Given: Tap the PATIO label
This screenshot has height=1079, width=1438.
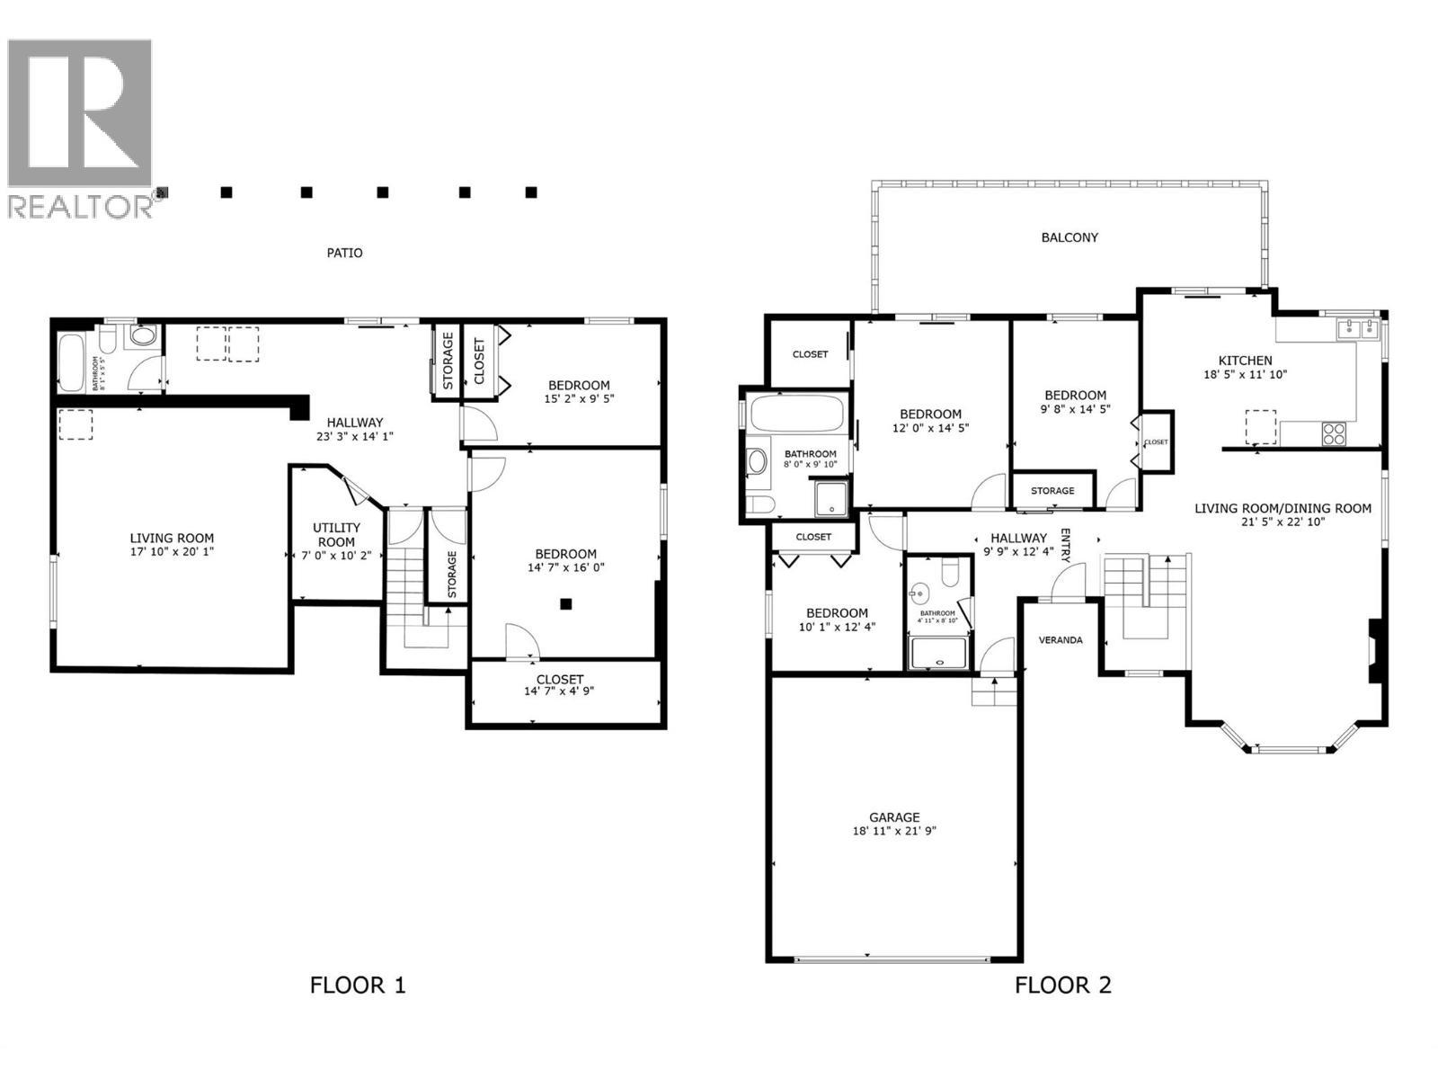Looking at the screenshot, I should [344, 254].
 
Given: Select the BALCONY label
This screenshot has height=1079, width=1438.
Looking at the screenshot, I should [1070, 238].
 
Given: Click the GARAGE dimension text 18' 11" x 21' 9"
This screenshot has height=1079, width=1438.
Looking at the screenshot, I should [894, 832].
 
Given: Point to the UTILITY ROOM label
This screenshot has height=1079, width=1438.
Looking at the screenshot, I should [336, 535].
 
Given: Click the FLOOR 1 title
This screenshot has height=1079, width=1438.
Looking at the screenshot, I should [358, 985].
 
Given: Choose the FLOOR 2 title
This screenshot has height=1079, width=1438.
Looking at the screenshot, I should [1063, 985].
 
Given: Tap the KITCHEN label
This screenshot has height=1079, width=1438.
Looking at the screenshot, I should [1245, 360].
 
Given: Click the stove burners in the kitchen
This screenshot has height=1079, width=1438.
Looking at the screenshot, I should [1334, 434].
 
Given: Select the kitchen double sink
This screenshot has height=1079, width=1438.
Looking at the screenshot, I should [1358, 328].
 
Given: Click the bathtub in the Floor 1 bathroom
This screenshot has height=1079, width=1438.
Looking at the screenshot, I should [71, 362].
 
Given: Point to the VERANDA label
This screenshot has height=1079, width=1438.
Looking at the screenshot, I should [1061, 640].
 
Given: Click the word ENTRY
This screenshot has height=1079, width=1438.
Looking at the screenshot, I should [1066, 546].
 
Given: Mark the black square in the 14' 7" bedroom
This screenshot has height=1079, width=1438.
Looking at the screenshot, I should [565, 605].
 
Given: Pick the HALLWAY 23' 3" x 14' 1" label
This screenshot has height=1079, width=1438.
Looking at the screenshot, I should [355, 429].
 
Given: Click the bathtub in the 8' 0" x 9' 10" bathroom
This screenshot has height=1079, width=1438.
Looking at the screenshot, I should [796, 415].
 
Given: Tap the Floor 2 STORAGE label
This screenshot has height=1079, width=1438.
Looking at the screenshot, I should [1052, 491].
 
